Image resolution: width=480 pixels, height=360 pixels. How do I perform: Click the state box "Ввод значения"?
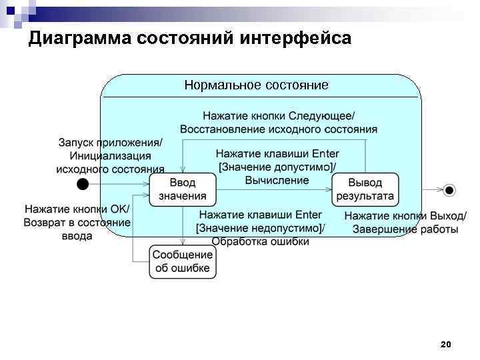pyautogui.click(x=183, y=190)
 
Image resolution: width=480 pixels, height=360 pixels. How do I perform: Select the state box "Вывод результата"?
pyautogui.click(x=365, y=190)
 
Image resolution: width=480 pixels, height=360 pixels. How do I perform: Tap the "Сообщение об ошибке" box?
pyautogui.click(x=183, y=261)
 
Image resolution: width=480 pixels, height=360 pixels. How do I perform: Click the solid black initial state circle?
pyautogui.click(x=82, y=183)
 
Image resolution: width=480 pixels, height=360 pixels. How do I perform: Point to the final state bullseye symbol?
pyautogui.click(x=449, y=191)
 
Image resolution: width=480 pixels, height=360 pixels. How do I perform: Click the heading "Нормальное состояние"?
pyautogui.click(x=257, y=85)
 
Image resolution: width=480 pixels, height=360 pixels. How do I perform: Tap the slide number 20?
pyautogui.click(x=446, y=344)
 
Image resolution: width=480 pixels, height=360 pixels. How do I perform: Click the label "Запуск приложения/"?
pyautogui.click(x=110, y=143)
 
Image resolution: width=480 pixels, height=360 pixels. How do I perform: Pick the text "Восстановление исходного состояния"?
pyautogui.click(x=279, y=129)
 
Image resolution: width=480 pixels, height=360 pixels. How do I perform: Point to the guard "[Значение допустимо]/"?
pyautogui.click(x=277, y=167)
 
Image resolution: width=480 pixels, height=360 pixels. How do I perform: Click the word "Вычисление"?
pyautogui.click(x=277, y=180)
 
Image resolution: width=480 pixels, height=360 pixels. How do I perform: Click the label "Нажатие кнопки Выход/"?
pyautogui.click(x=405, y=216)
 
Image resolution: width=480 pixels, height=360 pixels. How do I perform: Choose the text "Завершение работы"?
pyautogui.click(x=405, y=229)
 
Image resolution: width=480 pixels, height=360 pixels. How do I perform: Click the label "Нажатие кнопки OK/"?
pyautogui.click(x=77, y=209)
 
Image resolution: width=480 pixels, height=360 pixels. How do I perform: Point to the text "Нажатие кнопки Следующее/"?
pyautogui.click(x=279, y=115)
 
